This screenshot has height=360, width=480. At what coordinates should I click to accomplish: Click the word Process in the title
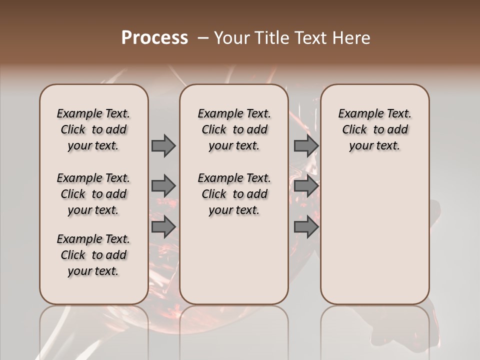154,38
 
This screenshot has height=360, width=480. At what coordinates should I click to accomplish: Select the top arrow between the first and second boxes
163,145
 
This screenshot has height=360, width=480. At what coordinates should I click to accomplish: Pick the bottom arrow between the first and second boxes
163,226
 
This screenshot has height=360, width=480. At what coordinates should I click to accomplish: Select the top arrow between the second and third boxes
306,145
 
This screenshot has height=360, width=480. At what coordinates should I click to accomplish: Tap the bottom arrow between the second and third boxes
306,226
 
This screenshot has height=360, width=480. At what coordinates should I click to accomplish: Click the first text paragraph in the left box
93,129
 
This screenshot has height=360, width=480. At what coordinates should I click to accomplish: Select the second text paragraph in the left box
93,194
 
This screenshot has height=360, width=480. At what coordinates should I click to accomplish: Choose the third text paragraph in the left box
93,255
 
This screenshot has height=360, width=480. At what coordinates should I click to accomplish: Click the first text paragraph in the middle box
234,129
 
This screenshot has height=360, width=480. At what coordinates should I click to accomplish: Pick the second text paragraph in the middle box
234,194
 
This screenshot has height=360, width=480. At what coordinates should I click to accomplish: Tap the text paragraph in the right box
374,129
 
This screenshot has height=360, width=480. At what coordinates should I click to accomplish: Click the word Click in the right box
354,130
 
